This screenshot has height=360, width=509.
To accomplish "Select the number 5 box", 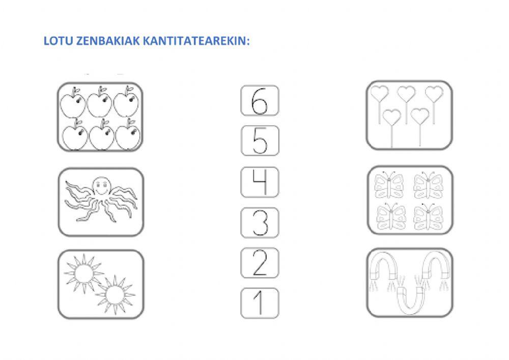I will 259,141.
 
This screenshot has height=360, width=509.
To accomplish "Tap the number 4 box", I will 259,182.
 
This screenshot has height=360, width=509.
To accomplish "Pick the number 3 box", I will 259,223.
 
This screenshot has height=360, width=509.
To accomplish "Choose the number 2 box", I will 259,263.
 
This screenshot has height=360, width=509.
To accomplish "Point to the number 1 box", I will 259,303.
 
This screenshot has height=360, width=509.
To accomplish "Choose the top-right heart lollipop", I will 434,94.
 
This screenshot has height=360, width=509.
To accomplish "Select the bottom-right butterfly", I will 429,217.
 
